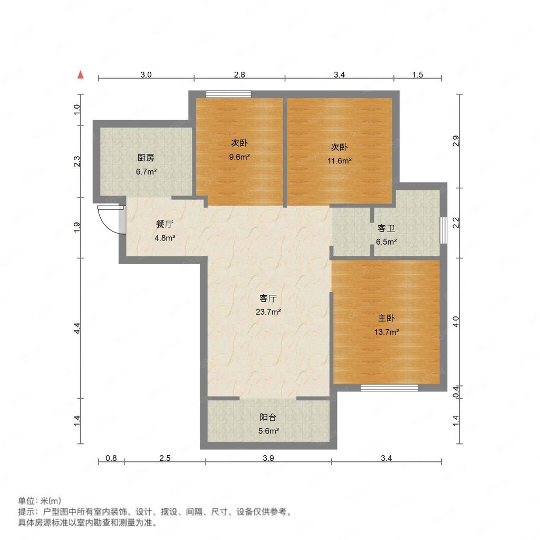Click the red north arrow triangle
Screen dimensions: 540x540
tap(81, 74)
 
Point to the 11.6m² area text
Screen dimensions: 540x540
tap(338, 161)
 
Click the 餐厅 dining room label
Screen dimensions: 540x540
tap(165, 224)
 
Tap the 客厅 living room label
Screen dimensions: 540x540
tap(268, 298)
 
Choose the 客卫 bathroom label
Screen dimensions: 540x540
tap(386, 229)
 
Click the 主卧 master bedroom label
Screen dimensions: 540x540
tap(387, 319)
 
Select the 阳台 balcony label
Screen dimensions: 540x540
tap(268, 417)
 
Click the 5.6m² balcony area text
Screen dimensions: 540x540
tap(268, 430)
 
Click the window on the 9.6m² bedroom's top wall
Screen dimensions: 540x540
tap(228, 94)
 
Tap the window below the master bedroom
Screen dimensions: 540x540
tap(389, 388)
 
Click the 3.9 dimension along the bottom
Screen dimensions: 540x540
tap(268, 458)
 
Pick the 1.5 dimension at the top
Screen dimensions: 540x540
tap(417, 75)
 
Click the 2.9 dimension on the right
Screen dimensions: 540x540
tap(457, 141)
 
